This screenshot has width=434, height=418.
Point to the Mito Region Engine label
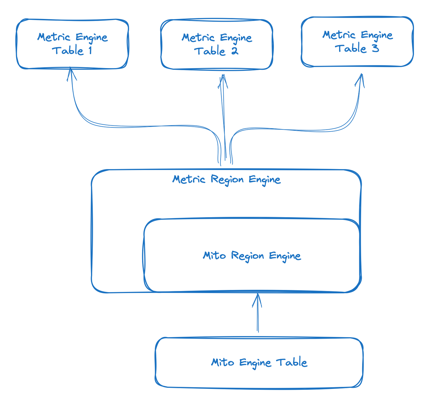point(252,256)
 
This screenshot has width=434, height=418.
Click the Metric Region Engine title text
point(226,180)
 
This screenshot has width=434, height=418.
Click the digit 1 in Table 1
point(90,51)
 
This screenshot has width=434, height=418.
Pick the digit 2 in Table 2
point(235,51)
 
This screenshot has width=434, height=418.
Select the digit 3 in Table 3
point(375,48)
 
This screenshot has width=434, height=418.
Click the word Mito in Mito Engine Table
point(222,362)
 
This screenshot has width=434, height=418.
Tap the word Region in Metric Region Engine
point(227,180)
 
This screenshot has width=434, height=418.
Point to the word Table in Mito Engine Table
point(292,362)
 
